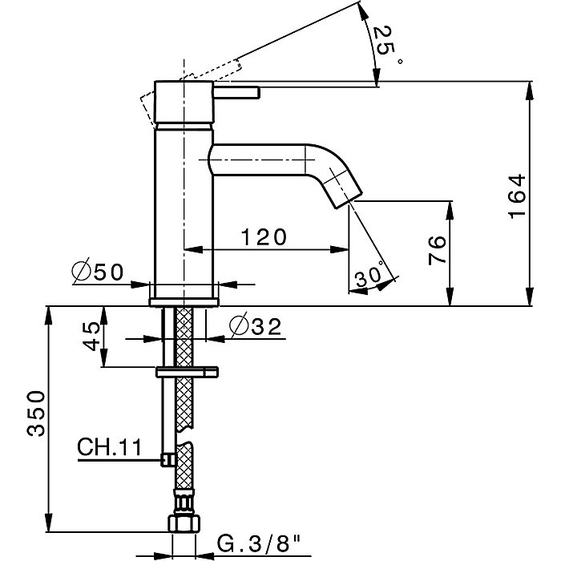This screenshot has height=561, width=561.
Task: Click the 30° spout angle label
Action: pyautogui.click(x=368, y=276)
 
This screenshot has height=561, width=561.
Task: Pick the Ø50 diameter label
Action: pyautogui.click(x=96, y=272)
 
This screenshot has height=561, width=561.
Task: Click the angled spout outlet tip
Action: pyautogui.click(x=351, y=196)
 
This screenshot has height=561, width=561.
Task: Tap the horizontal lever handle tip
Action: pyautogui.click(x=255, y=94)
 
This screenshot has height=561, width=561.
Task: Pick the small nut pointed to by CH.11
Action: pyautogui.click(x=168, y=458)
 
